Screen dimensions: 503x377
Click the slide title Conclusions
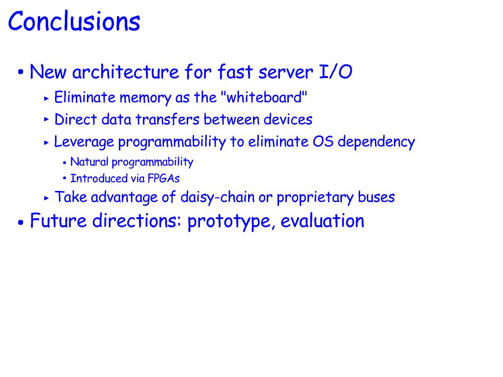[x=74, y=21]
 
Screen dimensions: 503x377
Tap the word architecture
[x=125, y=72]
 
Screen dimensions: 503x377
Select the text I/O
[x=335, y=72]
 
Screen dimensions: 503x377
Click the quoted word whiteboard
[x=264, y=97]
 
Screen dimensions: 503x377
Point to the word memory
[x=145, y=98]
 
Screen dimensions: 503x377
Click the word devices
[x=288, y=119]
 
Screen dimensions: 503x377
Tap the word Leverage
[x=84, y=142]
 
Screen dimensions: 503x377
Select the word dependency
[x=376, y=142]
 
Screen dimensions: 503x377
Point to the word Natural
[x=89, y=162]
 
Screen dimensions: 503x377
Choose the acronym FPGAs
[x=164, y=178]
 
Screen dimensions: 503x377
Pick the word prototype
[x=229, y=221]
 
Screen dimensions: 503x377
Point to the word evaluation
[x=323, y=221]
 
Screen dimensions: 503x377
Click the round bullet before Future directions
[x=21, y=222]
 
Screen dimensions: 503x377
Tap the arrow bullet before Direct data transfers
[x=47, y=120]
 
